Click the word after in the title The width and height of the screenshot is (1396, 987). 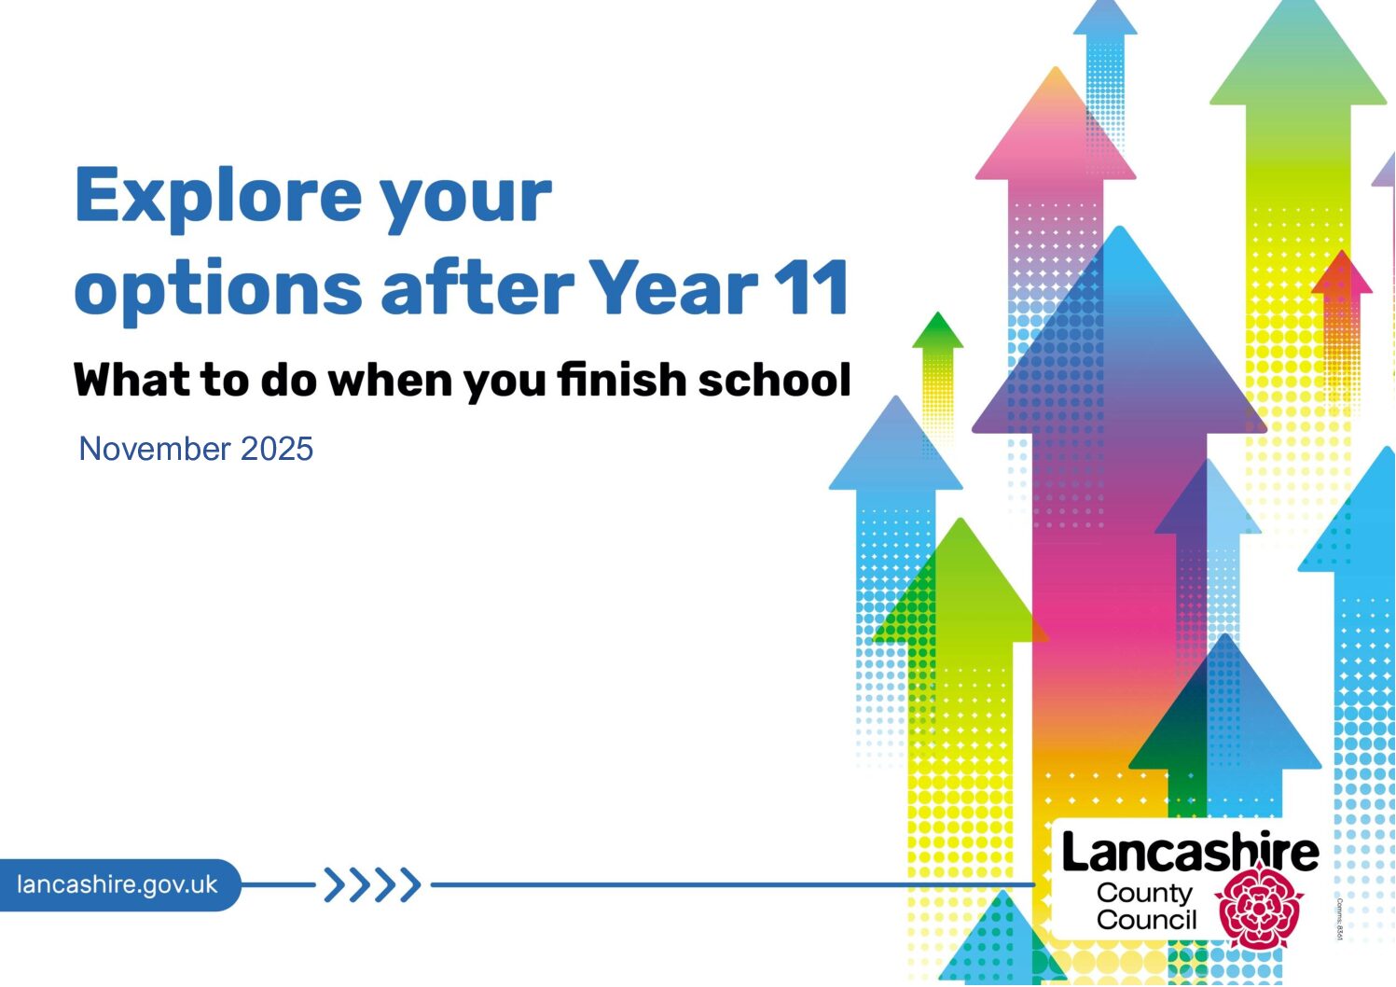[477, 286]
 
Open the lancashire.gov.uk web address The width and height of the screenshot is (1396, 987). [117, 884]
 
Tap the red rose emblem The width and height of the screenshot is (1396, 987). [1259, 905]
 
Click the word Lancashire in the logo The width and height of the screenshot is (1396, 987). [1190, 852]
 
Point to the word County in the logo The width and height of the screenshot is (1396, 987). [1144, 894]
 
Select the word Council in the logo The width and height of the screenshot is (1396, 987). [1147, 920]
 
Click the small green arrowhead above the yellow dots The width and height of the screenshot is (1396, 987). [937, 330]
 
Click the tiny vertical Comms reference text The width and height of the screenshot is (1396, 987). [1339, 919]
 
